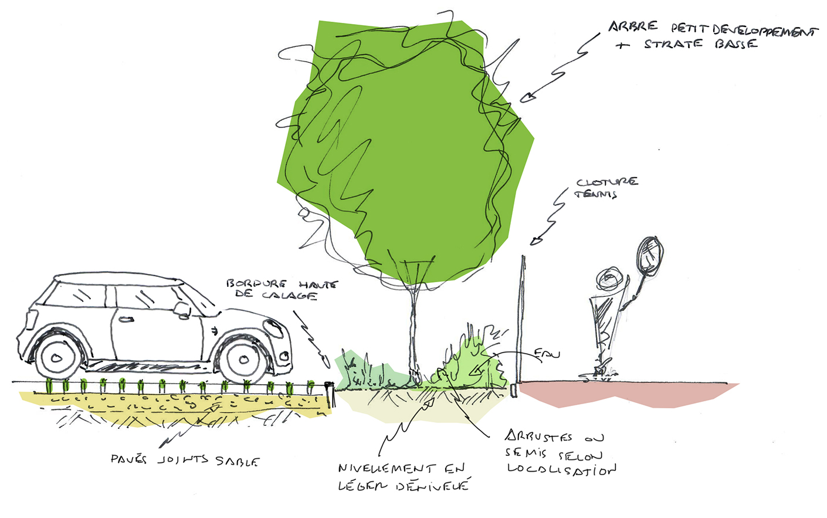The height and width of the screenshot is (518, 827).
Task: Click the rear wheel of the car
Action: (x=57, y=358)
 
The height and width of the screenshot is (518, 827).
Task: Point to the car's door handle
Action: (x=126, y=320)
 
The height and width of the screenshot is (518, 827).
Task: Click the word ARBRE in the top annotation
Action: (x=633, y=27)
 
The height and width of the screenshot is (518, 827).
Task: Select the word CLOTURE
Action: (x=607, y=182)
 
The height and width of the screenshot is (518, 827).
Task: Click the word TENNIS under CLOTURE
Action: (x=596, y=194)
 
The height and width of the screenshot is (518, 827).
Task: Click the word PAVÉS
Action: (x=128, y=459)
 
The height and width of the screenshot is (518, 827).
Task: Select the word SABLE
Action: (x=237, y=461)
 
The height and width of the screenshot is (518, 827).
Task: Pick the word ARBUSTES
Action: (x=538, y=437)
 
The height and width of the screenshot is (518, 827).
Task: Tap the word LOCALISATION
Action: (x=561, y=469)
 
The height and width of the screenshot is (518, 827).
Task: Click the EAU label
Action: (x=547, y=354)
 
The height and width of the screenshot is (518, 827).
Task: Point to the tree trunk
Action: (x=413, y=329)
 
